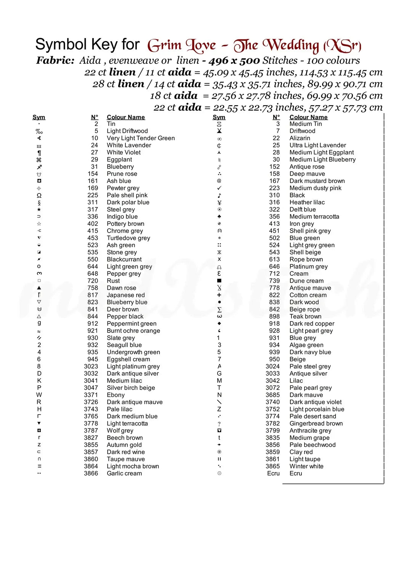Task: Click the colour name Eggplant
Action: pos(119,159)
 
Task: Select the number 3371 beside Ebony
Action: pos(91,395)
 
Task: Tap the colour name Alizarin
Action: pos(300,138)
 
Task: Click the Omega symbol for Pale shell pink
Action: pos(39,195)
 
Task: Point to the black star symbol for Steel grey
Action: pos(39,209)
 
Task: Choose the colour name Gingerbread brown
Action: pos(316,423)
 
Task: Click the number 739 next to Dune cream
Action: pos(274,281)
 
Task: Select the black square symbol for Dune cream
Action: pos(219,281)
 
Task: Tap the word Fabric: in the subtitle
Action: pos(55,60)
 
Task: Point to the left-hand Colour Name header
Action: pos(126,117)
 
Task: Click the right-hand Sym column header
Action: pos(219,117)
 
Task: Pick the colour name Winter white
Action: pos(306,466)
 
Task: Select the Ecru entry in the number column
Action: pos(273,473)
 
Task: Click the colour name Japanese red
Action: pos(126,295)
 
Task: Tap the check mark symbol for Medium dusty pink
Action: pos(219,188)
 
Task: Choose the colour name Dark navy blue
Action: pos(310,352)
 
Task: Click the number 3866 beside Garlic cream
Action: pos(91,473)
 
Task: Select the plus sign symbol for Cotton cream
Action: pos(219,295)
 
